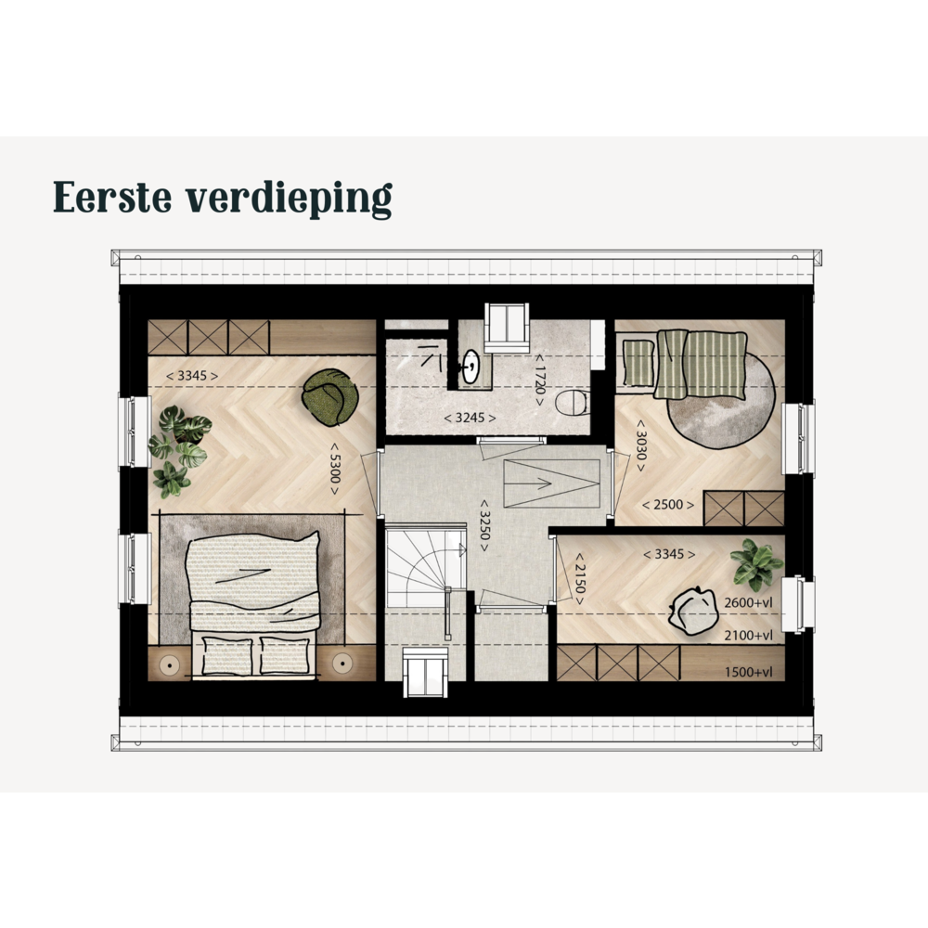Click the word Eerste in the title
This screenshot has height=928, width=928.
click(x=112, y=197)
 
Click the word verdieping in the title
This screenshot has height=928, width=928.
click(x=289, y=200)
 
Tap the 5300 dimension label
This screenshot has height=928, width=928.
click(x=335, y=470)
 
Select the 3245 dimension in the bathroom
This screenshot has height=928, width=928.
click(x=470, y=418)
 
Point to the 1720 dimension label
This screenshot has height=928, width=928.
click(x=540, y=380)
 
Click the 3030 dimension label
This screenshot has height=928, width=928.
click(x=640, y=445)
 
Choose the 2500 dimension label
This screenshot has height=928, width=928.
click(x=668, y=505)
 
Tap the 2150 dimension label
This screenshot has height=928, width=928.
click(x=580, y=579)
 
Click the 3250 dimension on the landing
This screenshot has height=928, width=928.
click(x=484, y=526)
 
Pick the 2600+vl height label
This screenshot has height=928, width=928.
click(x=749, y=603)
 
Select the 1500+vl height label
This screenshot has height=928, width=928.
click(x=749, y=672)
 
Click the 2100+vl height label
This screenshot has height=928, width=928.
click(x=749, y=636)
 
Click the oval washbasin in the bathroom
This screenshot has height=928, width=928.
click(x=471, y=367)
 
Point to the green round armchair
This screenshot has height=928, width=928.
click(x=330, y=397)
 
